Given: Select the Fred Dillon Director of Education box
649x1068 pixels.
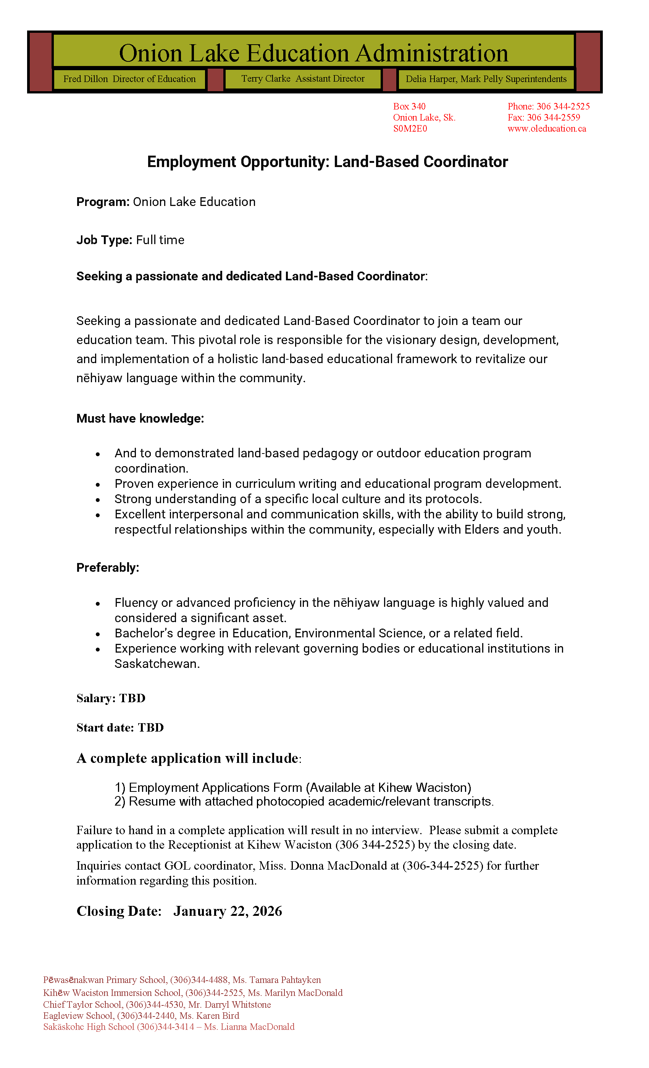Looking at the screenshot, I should coord(129,79).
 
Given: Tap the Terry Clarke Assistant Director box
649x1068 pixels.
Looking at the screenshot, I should coord(303,79).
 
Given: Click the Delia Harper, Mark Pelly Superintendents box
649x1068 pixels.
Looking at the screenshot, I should coord(486,79).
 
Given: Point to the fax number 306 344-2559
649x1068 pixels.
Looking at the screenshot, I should coord(553,117).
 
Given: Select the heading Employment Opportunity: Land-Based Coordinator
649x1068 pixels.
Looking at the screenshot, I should coord(327,162).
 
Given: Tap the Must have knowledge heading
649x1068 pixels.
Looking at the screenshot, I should coord(140,418).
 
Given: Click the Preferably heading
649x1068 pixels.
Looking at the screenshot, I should coord(108,568).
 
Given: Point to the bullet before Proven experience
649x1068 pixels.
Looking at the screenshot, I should coord(98,484).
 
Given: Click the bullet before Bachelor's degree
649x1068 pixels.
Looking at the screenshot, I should coord(98,634).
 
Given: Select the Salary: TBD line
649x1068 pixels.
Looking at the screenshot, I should coord(111,698).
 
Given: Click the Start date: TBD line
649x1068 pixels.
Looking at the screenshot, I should coord(120,728).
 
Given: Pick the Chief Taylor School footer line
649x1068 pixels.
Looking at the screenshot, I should coord(157,1005).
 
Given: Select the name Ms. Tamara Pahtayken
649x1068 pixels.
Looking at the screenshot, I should coord(276,980).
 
